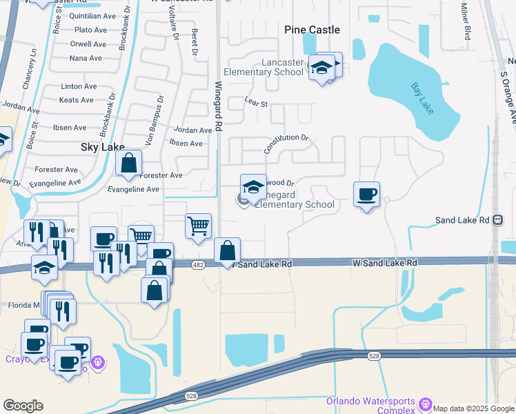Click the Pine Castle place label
[312, 30]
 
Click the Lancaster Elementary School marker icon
[320, 68]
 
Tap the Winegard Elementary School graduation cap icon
[253, 187]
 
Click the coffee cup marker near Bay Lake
[366, 195]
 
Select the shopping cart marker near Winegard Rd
[198, 226]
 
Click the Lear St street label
[255, 101]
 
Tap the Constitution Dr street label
[286, 142]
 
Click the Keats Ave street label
[77, 100]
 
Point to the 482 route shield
[198, 264]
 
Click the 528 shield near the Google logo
[192, 396]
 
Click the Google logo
[23, 406]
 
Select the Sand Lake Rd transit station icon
[498, 220]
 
